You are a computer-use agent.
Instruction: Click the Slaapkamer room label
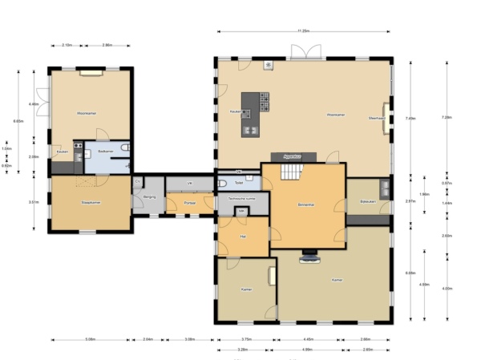coord(90,203)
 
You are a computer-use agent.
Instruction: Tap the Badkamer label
coord(105,151)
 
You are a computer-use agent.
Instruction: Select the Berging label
coord(149,196)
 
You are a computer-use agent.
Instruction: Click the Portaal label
coord(189,204)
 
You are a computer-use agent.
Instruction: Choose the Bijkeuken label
coord(368,201)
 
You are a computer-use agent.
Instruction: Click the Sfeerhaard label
coord(377,118)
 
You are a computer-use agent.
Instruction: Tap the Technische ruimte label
coord(242,196)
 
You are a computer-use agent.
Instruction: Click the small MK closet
coord(241,211)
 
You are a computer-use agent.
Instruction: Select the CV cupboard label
coord(137,182)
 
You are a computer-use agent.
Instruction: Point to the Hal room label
coord(243,237)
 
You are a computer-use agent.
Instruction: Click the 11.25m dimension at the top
coord(303,31)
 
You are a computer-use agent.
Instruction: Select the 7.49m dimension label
coord(411,118)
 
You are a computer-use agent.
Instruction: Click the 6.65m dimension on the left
coord(18,121)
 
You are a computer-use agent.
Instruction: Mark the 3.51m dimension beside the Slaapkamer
coord(34,202)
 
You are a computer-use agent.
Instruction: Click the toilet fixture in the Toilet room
coord(223,183)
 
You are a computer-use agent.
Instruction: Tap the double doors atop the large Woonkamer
coord(305,52)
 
